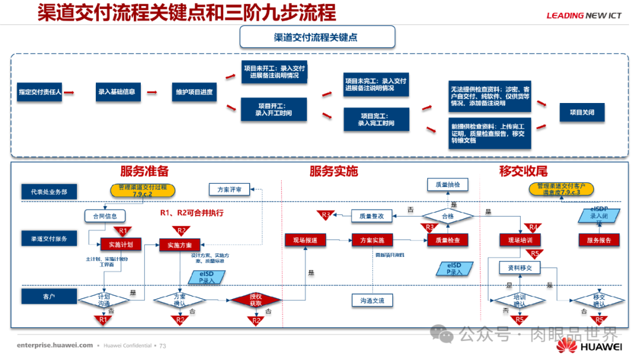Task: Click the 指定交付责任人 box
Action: point(40,92)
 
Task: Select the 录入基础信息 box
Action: point(116,92)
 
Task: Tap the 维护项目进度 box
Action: point(193,92)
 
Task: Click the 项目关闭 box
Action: point(582,112)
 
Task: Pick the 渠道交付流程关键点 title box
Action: point(317,37)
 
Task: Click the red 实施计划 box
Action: point(121,243)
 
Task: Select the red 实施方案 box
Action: point(179,243)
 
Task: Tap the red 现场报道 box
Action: point(305,240)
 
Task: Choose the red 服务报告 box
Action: point(599,240)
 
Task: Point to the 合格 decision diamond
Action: point(447,217)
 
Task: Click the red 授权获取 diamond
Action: point(256,300)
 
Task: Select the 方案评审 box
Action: point(229,189)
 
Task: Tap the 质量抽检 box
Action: point(447,185)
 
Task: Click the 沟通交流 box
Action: point(372,301)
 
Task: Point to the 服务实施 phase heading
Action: point(333,172)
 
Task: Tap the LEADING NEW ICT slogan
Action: point(583,16)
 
